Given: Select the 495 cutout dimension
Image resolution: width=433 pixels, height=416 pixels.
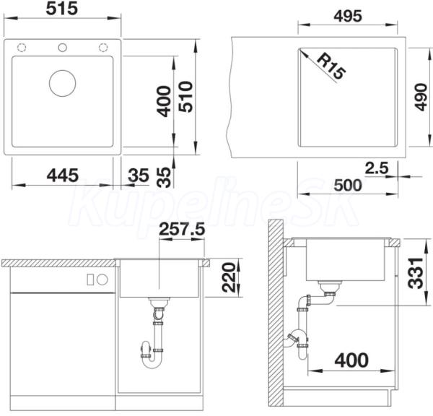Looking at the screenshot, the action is (x=348, y=16).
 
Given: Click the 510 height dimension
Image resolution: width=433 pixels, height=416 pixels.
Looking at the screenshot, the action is (x=185, y=97).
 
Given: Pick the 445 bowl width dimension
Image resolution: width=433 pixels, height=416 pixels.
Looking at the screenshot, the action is (x=63, y=175).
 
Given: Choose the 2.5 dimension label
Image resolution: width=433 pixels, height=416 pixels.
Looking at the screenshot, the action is (x=377, y=168).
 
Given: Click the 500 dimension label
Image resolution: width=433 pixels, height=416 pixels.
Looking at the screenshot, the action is (x=348, y=185).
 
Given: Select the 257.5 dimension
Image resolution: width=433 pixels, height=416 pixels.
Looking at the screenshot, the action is (x=183, y=230).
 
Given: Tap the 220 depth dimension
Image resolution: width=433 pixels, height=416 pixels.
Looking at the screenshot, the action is (x=228, y=277).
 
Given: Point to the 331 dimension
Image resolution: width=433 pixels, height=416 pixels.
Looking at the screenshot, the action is (x=416, y=273).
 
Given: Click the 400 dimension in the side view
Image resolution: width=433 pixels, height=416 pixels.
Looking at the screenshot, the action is (x=351, y=360).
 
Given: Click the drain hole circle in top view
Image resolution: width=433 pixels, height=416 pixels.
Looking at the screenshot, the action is (x=62, y=83).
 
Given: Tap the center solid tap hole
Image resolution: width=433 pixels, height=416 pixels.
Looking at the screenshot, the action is (x=62, y=48).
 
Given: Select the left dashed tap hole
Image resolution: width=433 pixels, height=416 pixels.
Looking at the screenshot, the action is (x=22, y=48).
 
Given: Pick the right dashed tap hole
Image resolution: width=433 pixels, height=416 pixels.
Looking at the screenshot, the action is (x=103, y=48).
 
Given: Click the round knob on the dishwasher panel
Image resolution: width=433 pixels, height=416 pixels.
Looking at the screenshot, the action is (x=102, y=279).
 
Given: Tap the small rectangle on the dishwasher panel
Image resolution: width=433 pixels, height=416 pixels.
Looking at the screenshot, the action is (x=90, y=279).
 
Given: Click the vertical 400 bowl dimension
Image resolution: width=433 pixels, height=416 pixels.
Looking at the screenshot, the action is (x=164, y=101).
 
